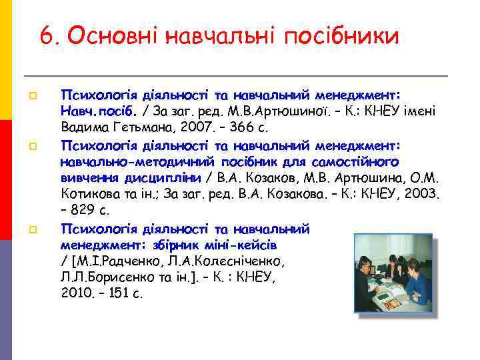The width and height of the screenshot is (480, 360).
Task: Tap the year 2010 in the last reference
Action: [74, 293]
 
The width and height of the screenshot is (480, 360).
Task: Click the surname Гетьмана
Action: [133, 127]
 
